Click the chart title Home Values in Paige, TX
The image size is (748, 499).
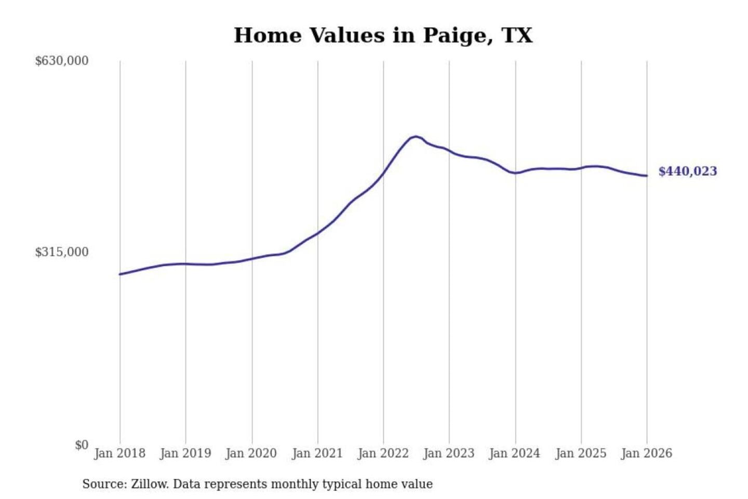coord(383,35)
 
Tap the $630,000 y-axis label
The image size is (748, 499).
coord(62,61)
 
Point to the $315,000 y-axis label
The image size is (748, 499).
coord(62,252)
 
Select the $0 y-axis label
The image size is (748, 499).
coord(82,445)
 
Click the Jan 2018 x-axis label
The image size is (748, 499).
coord(119,453)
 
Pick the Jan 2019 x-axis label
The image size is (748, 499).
coord(185,453)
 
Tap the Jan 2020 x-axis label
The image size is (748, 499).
coord(251,453)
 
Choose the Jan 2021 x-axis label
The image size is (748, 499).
coord(317,453)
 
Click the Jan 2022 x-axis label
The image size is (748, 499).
coord(383,453)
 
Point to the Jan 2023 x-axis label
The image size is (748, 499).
coord(449,453)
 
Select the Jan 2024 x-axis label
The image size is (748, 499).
coord(515,453)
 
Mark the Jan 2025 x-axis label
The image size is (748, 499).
coord(581,453)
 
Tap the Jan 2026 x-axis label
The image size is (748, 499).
coord(647,453)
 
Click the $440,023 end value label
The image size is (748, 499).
coord(688,171)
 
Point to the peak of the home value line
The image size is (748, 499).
coord(416,137)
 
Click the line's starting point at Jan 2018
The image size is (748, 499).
coord(120,274)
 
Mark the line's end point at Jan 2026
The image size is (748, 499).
coord(647,176)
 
